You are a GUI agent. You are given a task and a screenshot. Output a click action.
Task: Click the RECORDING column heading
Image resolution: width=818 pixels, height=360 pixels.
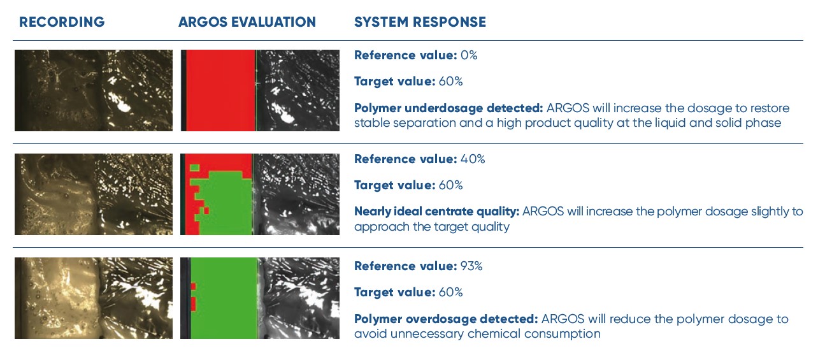pos(62,22)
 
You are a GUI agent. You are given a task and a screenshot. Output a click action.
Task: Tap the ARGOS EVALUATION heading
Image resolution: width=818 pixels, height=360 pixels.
pos(247,22)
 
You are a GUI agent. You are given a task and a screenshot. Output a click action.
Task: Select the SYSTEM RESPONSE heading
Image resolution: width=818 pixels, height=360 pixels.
pos(420,22)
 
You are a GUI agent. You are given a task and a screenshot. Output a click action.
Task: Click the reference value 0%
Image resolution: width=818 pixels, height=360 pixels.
pos(469,55)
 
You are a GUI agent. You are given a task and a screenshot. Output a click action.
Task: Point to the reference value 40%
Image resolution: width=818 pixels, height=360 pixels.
pos(473,159)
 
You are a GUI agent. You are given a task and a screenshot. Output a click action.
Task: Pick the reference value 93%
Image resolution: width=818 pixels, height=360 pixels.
pos(471,266)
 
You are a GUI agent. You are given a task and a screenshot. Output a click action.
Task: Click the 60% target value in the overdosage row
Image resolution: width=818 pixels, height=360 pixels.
pos(450,292)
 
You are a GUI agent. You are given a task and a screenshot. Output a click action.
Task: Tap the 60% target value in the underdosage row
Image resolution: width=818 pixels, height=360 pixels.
pos(450,82)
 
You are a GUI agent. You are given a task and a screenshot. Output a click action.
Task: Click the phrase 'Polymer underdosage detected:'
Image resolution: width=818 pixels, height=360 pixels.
pos(448,108)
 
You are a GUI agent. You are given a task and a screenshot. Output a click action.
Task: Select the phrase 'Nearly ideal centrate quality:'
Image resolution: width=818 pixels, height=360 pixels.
pos(437,212)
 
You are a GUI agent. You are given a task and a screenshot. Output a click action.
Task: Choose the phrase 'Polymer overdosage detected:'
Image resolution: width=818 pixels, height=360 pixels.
pos(446,319)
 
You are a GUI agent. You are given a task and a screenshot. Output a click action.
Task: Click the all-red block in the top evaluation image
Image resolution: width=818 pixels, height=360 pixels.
pos(220,90)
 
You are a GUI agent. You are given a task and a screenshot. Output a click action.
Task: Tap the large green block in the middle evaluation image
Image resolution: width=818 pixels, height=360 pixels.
pos(226,205)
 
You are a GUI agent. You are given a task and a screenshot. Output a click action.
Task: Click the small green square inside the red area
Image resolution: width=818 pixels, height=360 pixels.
pos(195,168)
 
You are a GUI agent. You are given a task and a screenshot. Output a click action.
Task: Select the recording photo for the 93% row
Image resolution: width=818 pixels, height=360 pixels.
pos(94,298)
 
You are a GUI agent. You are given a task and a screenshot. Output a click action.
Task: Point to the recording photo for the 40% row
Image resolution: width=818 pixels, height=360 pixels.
pos(94,194)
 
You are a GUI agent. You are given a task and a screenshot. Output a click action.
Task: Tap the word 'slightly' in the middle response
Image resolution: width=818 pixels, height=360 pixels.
pos(772,212)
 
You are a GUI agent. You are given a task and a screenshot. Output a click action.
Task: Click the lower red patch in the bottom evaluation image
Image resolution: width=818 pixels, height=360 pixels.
pos(194,304)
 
